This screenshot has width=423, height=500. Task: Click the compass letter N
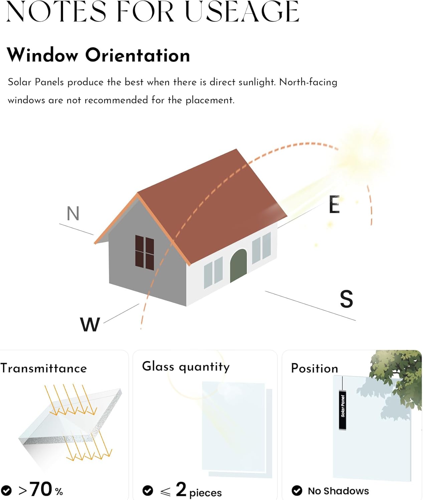(x=73, y=214)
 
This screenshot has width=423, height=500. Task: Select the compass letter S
(x=347, y=299)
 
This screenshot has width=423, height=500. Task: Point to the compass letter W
(x=90, y=324)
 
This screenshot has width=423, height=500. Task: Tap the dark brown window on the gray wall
(x=145, y=252)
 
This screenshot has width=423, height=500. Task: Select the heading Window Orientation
(x=98, y=55)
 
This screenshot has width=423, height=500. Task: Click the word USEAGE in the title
(x=242, y=12)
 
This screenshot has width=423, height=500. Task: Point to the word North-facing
(x=308, y=82)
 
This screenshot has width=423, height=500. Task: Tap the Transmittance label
(x=44, y=368)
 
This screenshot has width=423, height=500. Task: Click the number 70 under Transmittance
(x=41, y=489)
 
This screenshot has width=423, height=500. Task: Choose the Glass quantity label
(x=186, y=367)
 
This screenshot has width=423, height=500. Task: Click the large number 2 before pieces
(x=181, y=489)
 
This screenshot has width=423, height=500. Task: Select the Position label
(x=314, y=368)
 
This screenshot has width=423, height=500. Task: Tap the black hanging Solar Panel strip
(x=343, y=410)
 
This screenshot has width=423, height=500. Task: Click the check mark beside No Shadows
(x=297, y=491)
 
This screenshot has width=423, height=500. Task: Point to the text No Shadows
(x=338, y=491)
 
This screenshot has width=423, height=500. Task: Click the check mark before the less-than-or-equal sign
(x=148, y=490)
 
